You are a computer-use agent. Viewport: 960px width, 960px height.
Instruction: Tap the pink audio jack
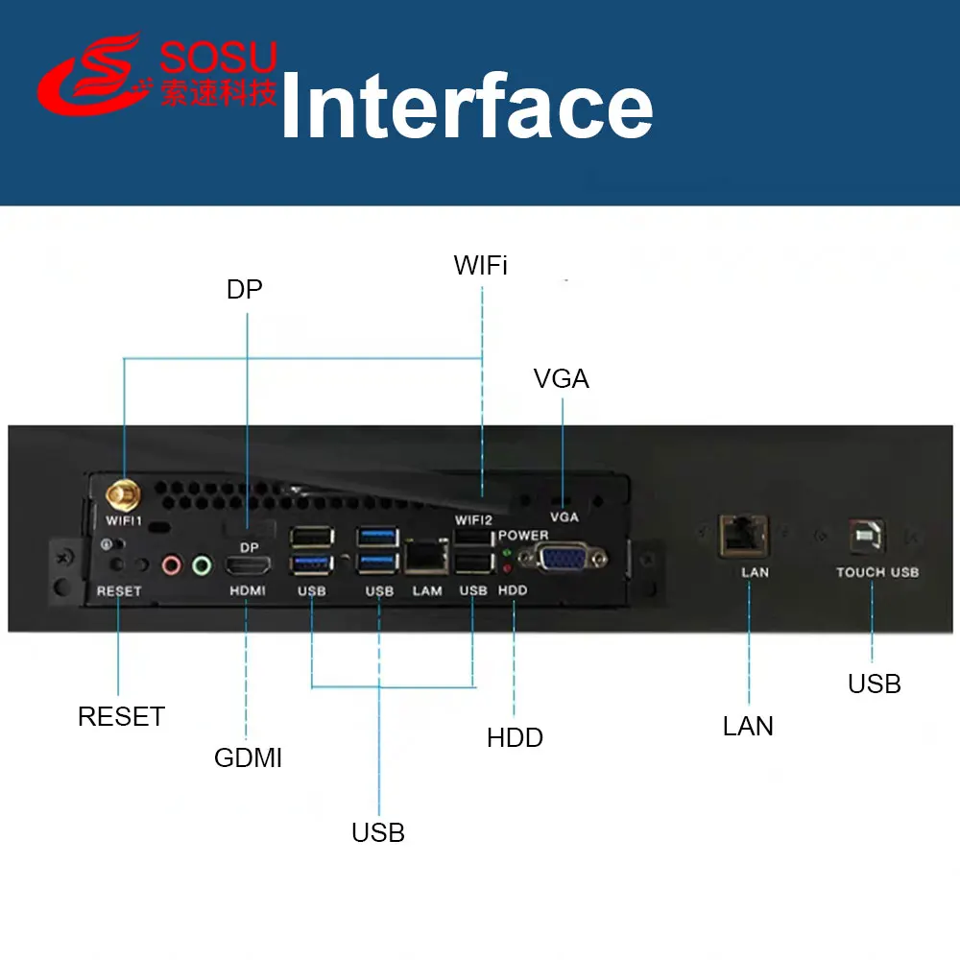pos(172,565)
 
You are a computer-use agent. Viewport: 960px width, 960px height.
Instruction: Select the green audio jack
pos(201,565)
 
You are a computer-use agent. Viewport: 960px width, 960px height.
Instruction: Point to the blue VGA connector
pos(562,557)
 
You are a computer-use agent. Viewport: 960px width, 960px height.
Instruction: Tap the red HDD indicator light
pos(506,569)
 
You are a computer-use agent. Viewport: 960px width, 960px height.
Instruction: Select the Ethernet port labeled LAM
pos(426,555)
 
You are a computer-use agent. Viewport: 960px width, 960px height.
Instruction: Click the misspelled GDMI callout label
pos(248,758)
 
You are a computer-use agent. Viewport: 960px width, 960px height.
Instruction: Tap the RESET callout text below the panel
pos(121,716)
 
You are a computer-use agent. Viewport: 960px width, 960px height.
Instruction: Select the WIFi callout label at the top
pos(480,266)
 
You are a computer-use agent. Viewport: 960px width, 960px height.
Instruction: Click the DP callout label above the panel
pos(245,290)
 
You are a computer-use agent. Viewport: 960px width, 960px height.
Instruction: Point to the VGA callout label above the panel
pos(562,379)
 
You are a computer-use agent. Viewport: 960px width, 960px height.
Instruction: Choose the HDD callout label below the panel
pos(515,738)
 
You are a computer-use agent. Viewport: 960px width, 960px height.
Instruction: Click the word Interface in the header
pos(467,108)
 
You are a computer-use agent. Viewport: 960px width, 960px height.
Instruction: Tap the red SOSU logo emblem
pos(91,77)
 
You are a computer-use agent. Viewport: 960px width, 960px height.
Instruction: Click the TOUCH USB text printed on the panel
pos(876,572)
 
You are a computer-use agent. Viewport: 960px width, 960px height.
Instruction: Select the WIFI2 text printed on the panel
pos(472,519)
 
